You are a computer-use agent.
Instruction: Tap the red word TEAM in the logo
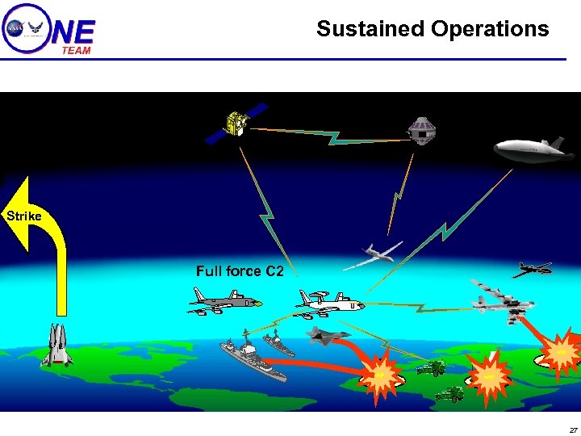[77, 50]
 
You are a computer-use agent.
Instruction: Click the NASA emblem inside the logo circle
[15, 27]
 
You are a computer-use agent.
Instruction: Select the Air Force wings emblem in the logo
[36, 27]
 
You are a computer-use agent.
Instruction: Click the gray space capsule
[420, 130]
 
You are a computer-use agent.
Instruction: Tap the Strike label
[24, 216]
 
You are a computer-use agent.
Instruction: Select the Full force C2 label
[240, 271]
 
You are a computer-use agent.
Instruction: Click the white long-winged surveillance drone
[372, 255]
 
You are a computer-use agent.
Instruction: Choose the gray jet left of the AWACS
[225, 304]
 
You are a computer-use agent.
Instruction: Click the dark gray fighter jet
[328, 333]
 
